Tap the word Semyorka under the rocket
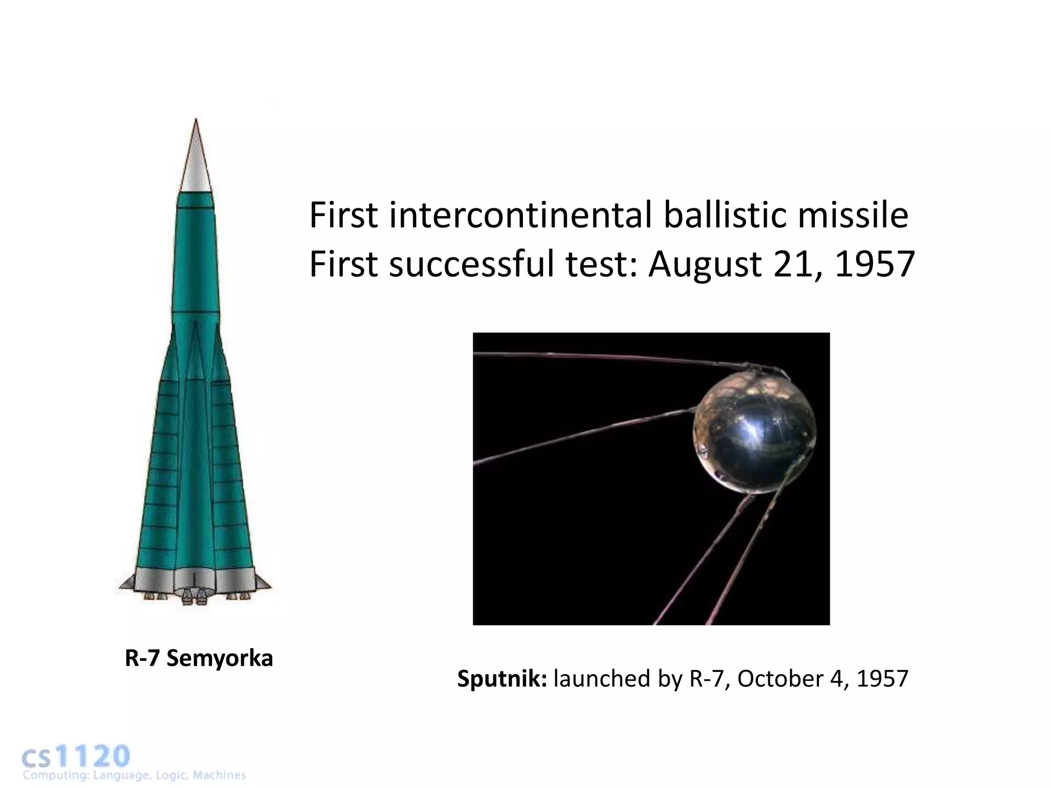tap(220, 658)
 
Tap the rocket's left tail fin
tap(127, 583)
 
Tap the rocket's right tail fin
tap(263, 583)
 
